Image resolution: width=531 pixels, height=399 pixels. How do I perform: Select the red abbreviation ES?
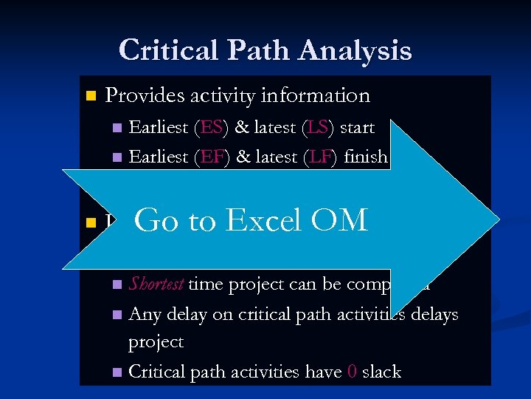[212, 128]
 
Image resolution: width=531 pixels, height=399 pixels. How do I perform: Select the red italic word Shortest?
[157, 284]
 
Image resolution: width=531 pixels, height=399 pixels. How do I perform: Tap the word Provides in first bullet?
[145, 95]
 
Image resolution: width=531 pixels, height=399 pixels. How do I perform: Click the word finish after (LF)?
[363, 157]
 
